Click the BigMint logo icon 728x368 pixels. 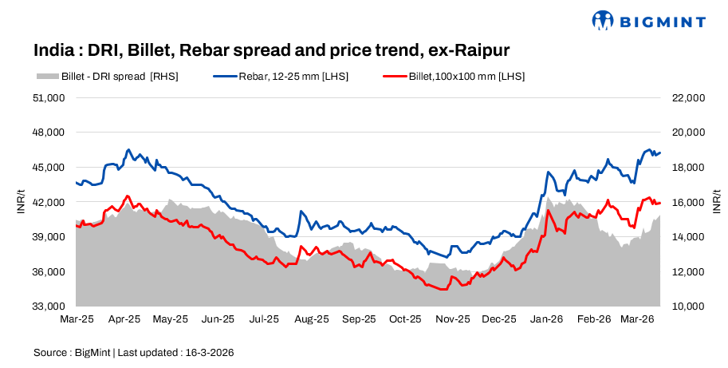tap(603, 21)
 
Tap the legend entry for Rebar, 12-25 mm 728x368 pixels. tap(281, 77)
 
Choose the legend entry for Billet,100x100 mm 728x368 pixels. tap(454, 77)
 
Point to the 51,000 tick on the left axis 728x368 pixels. tap(49, 98)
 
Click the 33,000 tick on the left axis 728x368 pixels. tap(49, 307)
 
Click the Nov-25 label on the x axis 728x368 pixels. tap(452, 319)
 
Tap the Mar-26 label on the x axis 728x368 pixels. tap(639, 319)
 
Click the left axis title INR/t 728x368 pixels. tap(20, 203)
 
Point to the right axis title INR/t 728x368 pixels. tap(717, 203)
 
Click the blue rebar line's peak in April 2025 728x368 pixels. tap(128, 149)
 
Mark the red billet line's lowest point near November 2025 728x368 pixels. tap(442, 290)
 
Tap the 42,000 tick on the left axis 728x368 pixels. tap(49, 203)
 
